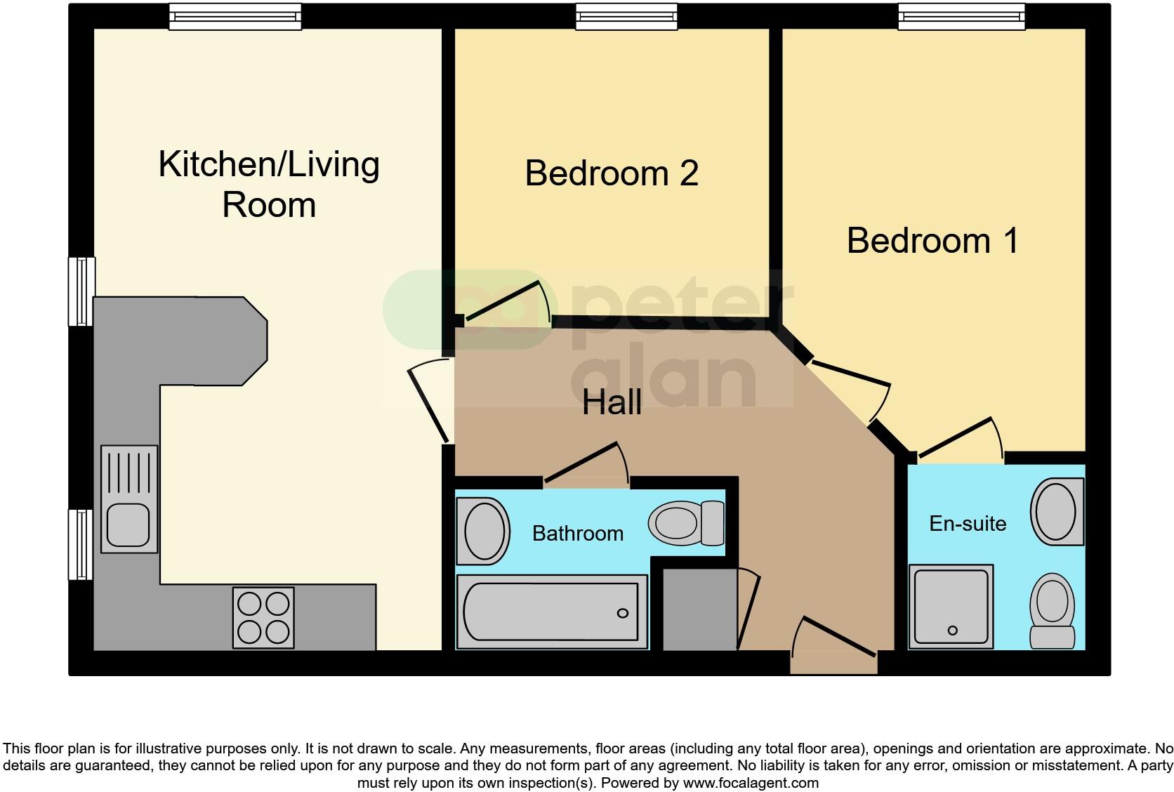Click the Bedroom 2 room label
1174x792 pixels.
pyautogui.click(x=612, y=173)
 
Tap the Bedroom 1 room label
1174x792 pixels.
pyautogui.click(x=932, y=241)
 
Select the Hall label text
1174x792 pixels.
pyautogui.click(x=612, y=402)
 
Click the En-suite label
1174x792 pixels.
pyautogui.click(x=968, y=524)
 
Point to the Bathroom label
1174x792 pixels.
pyautogui.click(x=577, y=534)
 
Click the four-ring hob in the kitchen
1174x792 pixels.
pyautogui.click(x=263, y=617)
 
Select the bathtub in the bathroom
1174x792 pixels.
pyautogui.click(x=552, y=612)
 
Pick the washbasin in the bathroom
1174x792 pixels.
pyautogui.click(x=482, y=531)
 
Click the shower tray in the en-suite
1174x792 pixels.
pyautogui.click(x=951, y=605)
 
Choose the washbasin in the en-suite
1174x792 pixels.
pyautogui.click(x=1057, y=512)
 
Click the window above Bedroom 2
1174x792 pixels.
pyautogui.click(x=626, y=17)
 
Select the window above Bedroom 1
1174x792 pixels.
pyautogui.click(x=961, y=17)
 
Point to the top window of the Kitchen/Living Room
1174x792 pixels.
pyautogui.click(x=235, y=17)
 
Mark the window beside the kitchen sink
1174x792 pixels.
pyautogui.click(x=81, y=544)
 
